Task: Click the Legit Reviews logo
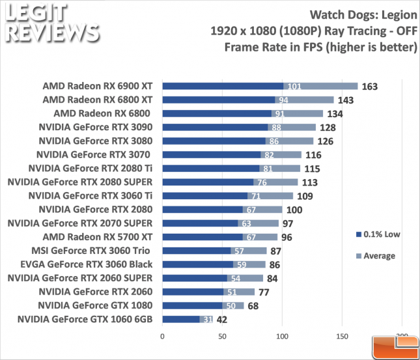pyautogui.click(x=51, y=25)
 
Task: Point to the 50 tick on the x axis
pyautogui.click(x=222, y=338)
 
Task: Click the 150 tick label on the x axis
pyautogui.click(x=343, y=338)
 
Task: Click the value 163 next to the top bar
pyautogui.click(x=369, y=86)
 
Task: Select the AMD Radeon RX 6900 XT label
pyautogui.click(x=97, y=86)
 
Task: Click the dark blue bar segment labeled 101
pyautogui.click(x=223, y=86)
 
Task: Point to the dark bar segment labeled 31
pyautogui.click(x=182, y=319)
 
